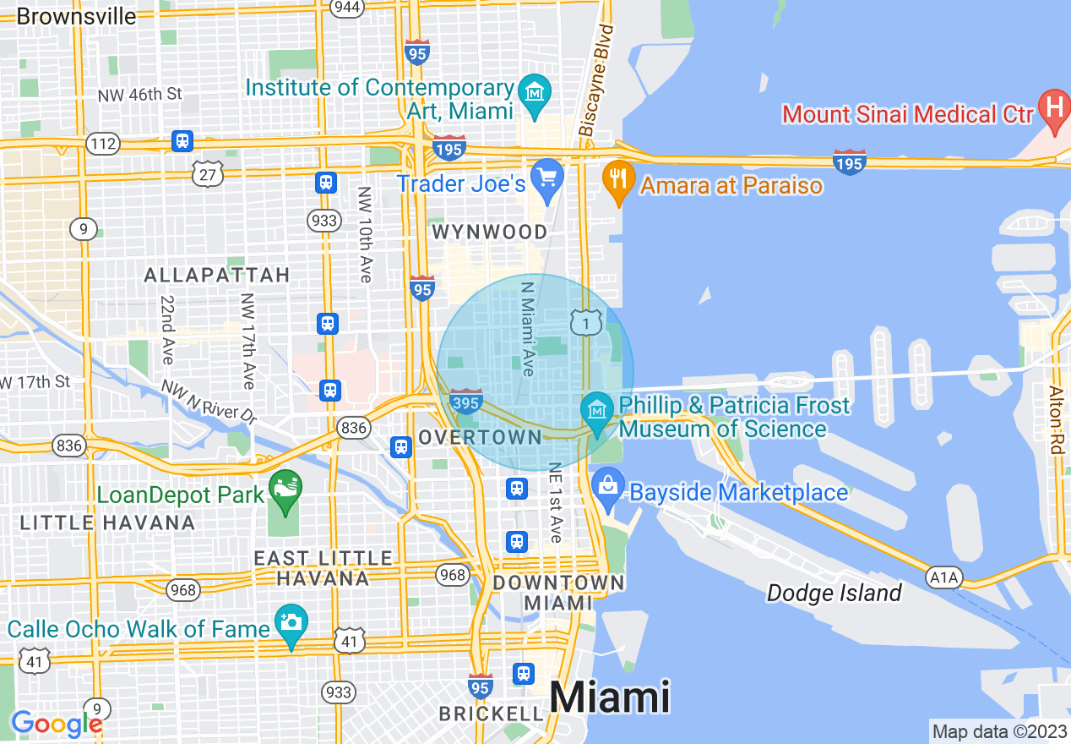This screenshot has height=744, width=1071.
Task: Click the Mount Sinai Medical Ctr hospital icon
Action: point(1053,109)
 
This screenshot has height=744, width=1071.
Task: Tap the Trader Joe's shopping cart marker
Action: point(548,178)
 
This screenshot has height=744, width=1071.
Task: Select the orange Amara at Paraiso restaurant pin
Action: point(619,180)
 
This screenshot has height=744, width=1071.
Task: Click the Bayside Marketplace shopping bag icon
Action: point(607,488)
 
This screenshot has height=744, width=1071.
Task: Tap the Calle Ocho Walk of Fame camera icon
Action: point(291,623)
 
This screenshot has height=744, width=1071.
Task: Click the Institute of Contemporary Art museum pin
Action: point(534,90)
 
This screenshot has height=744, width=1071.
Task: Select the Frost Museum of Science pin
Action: point(597,410)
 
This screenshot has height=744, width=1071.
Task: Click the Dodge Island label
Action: point(834,594)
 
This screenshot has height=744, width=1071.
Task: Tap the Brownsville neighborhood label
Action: point(76,15)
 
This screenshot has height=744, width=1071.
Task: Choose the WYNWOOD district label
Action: point(489,232)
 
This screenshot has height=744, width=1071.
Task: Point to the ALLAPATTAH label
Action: point(216,275)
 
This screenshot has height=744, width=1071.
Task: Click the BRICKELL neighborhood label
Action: point(491,714)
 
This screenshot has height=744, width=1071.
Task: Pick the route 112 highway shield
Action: point(103,144)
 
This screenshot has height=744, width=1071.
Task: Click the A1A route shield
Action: point(943,577)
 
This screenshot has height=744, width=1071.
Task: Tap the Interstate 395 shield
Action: point(466,400)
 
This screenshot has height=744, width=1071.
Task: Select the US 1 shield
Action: point(585,321)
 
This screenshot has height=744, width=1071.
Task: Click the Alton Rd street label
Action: point(1056,419)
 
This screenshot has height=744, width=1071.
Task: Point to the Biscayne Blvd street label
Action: point(596,80)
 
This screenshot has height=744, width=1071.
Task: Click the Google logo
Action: point(57,725)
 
